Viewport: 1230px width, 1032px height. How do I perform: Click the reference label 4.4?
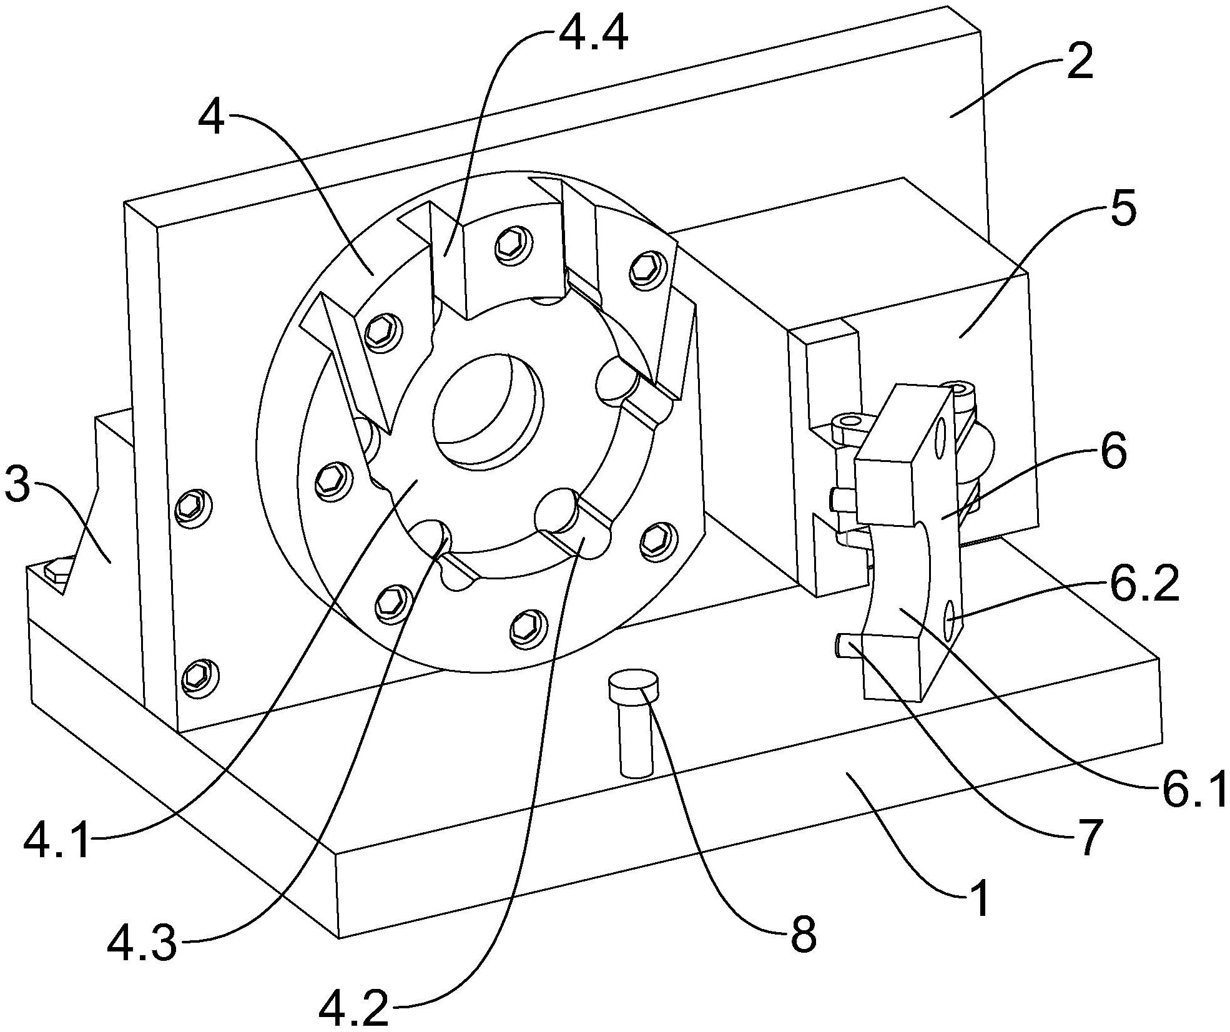coord(593,36)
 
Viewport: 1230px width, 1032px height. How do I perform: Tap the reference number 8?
coord(803,935)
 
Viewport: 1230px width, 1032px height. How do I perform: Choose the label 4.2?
coord(354,1009)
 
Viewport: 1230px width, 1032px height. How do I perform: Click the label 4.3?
coord(142,944)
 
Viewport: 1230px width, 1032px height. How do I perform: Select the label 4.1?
coord(57,842)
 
